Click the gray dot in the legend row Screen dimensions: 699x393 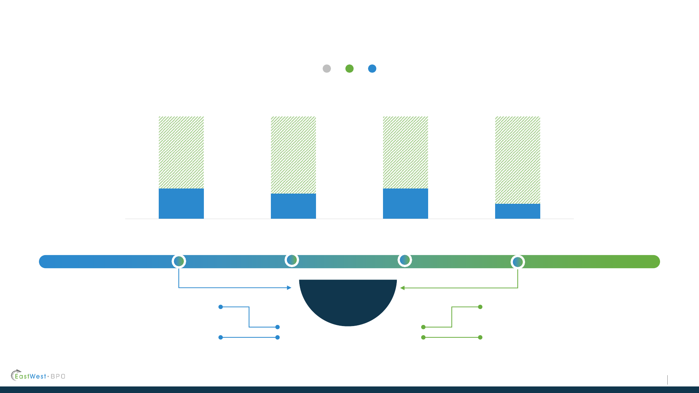click(x=327, y=68)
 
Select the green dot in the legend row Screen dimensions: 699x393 click(x=349, y=68)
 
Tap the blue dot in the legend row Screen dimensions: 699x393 click(x=372, y=68)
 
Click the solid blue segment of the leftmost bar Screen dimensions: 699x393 click(x=181, y=203)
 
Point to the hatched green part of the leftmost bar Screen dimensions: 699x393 click(x=181, y=152)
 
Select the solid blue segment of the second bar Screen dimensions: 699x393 click(x=293, y=206)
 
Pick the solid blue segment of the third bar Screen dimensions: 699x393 click(x=406, y=203)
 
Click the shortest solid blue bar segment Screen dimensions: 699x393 click(x=518, y=211)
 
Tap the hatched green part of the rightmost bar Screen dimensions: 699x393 click(x=518, y=160)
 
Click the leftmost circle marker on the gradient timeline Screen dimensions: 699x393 click(x=179, y=261)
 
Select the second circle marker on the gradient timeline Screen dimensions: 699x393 click(x=292, y=260)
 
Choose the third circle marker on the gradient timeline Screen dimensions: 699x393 click(x=405, y=260)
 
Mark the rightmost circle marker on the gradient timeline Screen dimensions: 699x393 click(x=518, y=262)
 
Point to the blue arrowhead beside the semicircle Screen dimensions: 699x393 click(x=289, y=288)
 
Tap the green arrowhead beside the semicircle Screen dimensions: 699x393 click(x=402, y=288)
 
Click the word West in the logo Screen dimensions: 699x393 click(x=38, y=376)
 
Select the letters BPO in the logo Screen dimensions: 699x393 click(x=58, y=376)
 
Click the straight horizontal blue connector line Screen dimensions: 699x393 click(x=249, y=337)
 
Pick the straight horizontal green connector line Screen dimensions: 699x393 click(x=452, y=337)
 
